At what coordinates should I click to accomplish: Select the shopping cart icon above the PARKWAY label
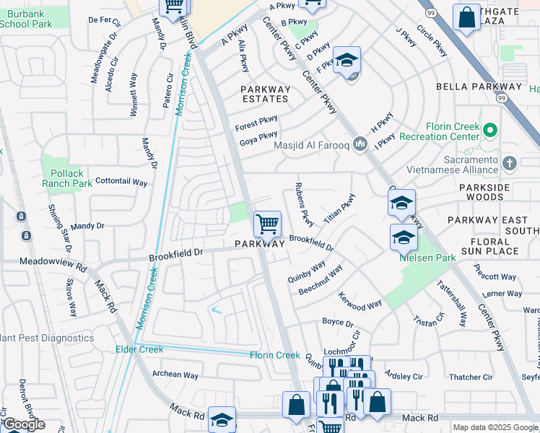(x=267, y=224)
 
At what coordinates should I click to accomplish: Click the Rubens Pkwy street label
(x=303, y=203)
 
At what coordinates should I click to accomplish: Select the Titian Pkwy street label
(x=340, y=208)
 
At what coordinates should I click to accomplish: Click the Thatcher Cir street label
(x=470, y=377)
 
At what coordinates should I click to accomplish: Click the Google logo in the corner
(x=25, y=424)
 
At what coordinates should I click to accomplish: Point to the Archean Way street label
(x=175, y=375)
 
